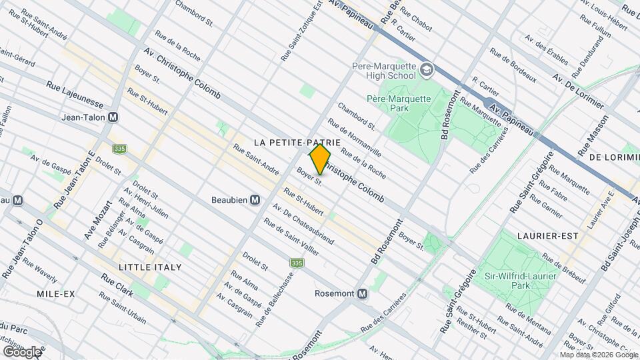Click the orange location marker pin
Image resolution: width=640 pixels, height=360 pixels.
pos(320,160)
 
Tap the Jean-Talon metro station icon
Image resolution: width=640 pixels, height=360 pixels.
pos(113,117)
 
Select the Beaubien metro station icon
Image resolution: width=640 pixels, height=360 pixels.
pos(255,200)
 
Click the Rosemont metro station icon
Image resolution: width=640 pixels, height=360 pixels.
pos(362,293)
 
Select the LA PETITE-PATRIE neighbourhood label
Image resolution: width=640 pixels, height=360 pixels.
pos(298,143)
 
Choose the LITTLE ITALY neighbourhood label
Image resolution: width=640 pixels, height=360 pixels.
pos(150,267)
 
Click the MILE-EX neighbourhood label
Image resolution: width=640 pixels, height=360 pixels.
pos(57,294)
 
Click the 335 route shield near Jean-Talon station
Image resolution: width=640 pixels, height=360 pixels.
pos(119,149)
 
